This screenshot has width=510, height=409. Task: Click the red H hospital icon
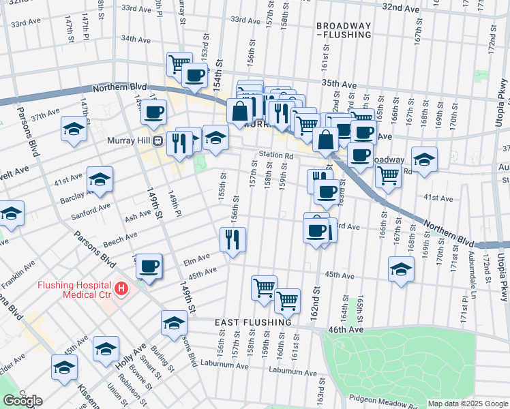coord(121,289)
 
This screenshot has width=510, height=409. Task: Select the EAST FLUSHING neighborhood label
coord(253,321)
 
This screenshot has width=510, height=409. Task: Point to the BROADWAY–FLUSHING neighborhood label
coord(344,29)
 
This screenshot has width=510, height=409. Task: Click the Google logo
coord(22,401)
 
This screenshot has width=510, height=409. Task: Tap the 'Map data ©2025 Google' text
coord(467,404)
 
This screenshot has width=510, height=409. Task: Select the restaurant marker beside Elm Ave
coord(232,240)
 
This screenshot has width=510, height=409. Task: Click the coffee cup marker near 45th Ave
coord(149,267)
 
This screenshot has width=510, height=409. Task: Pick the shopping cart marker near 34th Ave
coord(179,65)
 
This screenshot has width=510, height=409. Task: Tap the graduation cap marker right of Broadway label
coord(424,160)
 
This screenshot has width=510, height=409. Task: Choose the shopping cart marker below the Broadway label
coord(388,176)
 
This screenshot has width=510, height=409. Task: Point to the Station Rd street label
coord(275,155)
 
